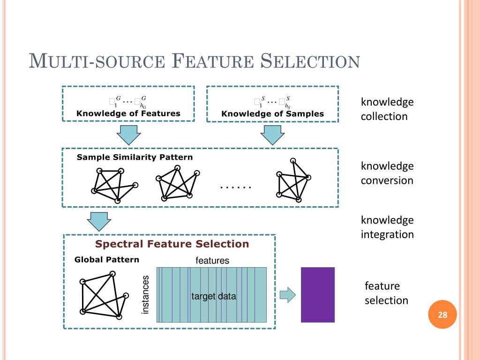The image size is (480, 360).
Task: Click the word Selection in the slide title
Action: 310,61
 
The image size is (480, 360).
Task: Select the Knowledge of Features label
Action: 128,113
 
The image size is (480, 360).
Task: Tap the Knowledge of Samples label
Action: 272,114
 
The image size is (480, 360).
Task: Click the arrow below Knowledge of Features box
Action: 128,135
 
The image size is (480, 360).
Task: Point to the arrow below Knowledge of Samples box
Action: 272,135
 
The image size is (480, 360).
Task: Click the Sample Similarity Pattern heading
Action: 135,157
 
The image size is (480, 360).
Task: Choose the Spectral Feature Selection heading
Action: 172,244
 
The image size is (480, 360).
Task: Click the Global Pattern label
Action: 107,260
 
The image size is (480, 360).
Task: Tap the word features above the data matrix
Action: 212,261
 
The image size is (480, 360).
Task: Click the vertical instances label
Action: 145,295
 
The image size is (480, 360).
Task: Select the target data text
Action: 214,296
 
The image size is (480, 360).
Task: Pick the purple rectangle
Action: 318,295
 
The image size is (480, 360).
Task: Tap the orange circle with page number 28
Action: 442,315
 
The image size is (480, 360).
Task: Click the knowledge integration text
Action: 387,227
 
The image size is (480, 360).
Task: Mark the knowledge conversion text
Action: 387,173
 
